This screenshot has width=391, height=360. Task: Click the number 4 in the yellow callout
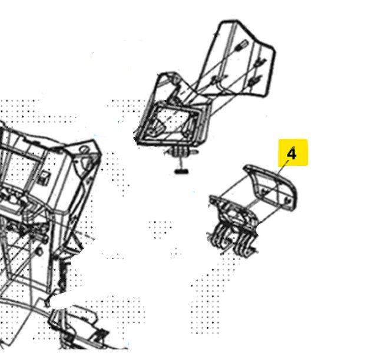(x=291, y=154)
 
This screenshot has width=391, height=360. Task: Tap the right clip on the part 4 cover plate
(x=287, y=200)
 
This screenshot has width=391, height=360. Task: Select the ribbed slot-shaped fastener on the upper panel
(x=243, y=44)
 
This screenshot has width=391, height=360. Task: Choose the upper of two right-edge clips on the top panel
(x=260, y=62)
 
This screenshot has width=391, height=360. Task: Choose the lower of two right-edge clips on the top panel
(x=255, y=81)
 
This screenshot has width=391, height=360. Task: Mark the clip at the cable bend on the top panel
(x=215, y=80)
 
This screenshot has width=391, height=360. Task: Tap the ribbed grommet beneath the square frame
(x=181, y=151)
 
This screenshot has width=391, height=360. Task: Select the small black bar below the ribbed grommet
(x=181, y=171)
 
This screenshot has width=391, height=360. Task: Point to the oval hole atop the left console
(x=83, y=150)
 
